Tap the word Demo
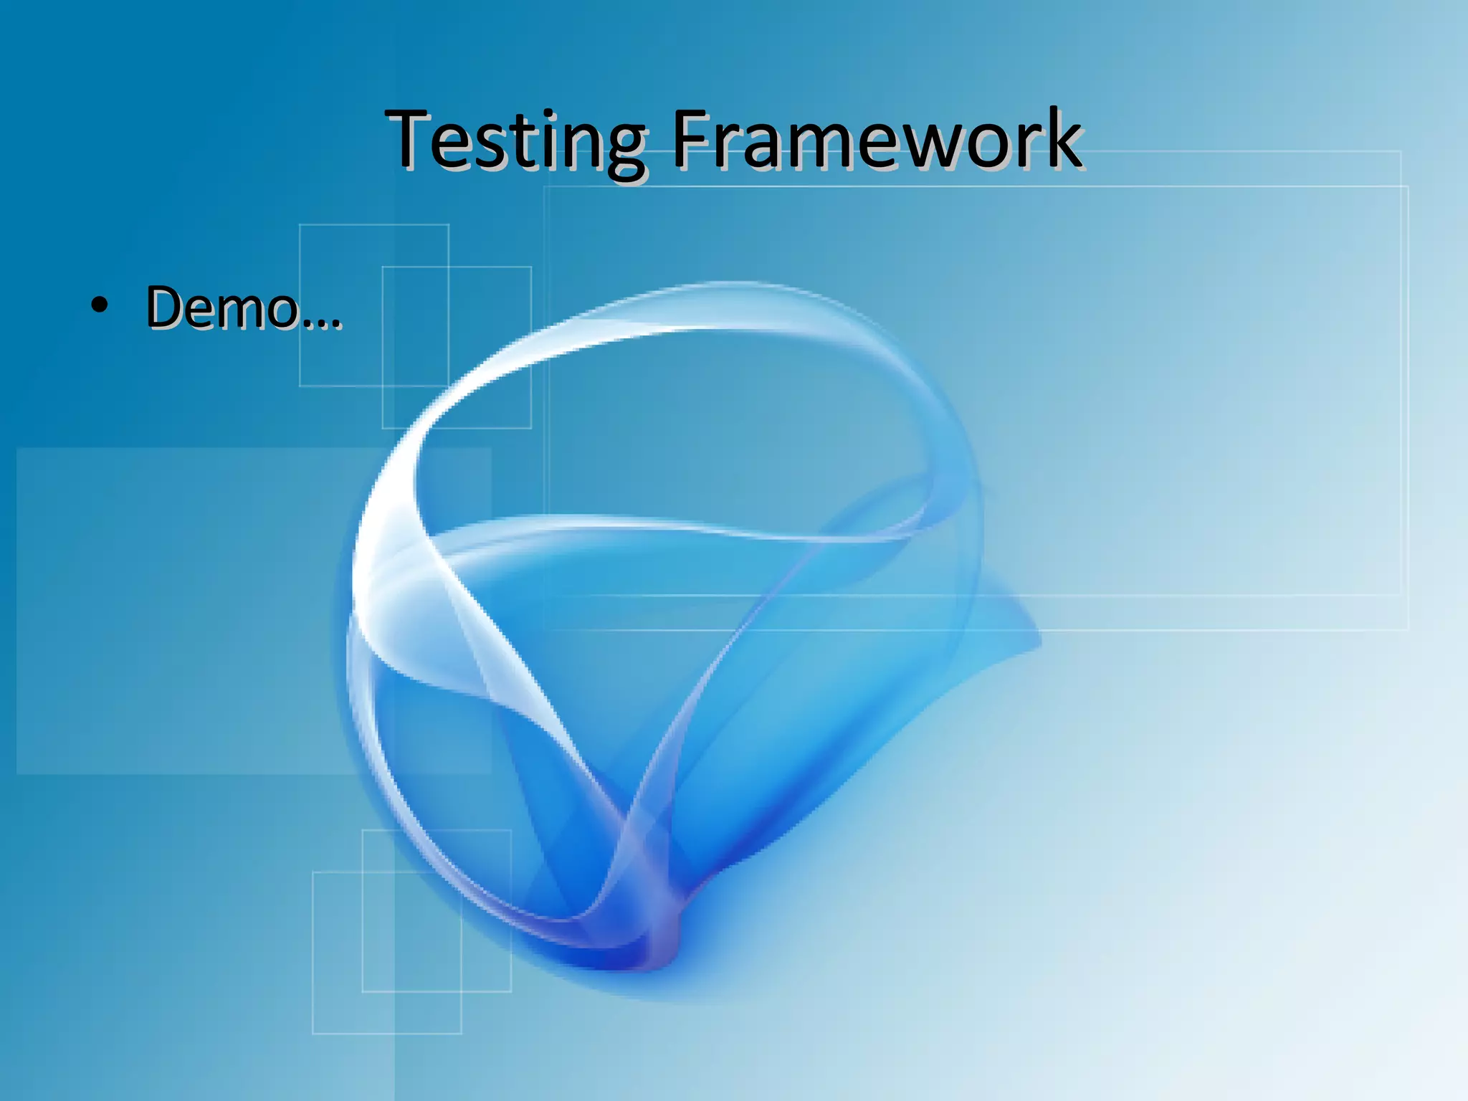222,308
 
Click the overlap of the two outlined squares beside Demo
416,326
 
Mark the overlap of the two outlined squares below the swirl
412,931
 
